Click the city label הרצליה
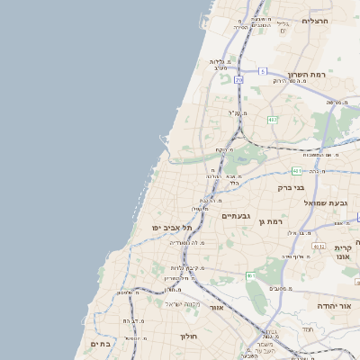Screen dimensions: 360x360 click(316, 20)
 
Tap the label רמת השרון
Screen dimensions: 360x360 click(305, 75)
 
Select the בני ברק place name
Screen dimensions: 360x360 click(292, 188)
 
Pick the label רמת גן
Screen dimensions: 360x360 click(269, 220)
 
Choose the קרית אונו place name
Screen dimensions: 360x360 click(342, 252)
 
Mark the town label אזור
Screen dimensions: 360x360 click(216, 307)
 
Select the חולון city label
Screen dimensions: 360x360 click(188, 336)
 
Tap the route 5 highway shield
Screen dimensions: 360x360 click(263, 70)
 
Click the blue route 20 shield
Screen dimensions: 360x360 click(238, 80)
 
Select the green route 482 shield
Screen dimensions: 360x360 click(273, 120)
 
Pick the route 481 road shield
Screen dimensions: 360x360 click(297, 170)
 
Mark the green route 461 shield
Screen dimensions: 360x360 click(251, 275)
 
